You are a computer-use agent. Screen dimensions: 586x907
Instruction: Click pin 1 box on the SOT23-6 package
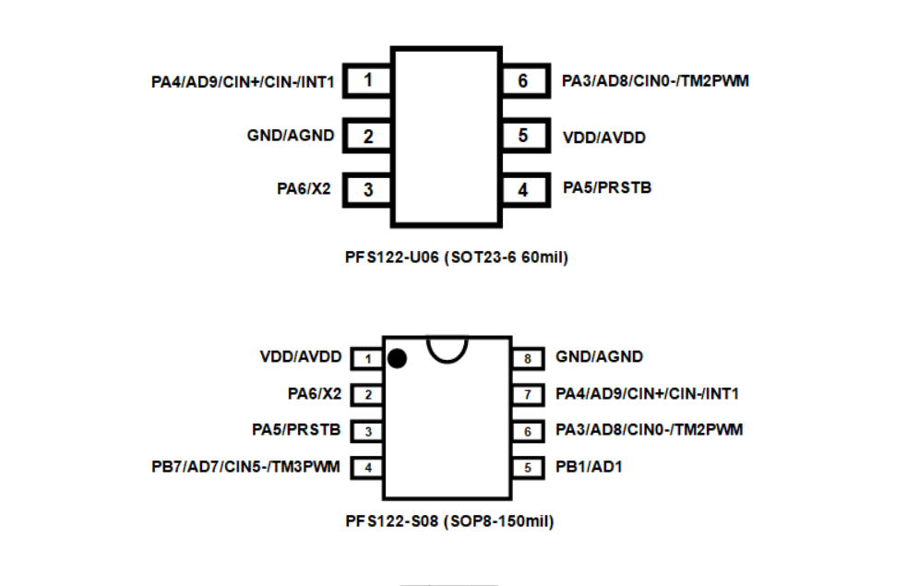pos(368,81)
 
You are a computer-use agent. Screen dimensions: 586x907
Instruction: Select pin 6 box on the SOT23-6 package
pos(523,81)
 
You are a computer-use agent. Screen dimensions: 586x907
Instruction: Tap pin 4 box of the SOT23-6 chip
pos(523,190)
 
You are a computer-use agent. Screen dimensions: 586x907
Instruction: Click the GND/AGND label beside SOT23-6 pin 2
pos(290,136)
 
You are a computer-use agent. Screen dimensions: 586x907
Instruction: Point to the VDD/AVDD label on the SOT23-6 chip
pos(603,138)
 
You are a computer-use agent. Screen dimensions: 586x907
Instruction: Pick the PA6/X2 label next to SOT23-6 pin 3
pos(304,189)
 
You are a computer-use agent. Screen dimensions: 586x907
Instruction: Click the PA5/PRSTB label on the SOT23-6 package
pos(607,188)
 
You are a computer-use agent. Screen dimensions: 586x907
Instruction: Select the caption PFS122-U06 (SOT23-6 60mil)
pos(450,257)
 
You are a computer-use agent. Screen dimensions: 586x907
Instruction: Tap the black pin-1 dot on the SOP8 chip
pos(398,358)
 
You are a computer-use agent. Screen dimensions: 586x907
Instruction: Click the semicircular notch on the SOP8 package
pos(447,347)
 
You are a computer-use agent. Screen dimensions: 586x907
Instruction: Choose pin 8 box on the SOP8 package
pos(527,358)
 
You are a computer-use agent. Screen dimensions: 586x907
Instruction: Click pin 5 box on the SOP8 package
pos(527,468)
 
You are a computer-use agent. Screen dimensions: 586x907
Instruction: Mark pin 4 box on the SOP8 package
pos(368,468)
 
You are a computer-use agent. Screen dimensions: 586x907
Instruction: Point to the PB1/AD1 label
pos(589,467)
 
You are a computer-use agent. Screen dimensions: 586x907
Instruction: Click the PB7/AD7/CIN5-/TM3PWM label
pos(245,467)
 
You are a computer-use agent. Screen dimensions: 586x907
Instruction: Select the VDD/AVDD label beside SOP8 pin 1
pos(301,356)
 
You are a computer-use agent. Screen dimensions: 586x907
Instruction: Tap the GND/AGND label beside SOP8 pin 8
pos(599,356)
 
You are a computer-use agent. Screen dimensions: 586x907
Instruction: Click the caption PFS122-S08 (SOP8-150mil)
pos(449,521)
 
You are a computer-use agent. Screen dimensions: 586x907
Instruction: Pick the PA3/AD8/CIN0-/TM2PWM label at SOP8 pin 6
pos(649,430)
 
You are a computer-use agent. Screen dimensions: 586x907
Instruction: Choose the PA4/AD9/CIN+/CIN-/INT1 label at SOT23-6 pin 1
pos(243,82)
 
